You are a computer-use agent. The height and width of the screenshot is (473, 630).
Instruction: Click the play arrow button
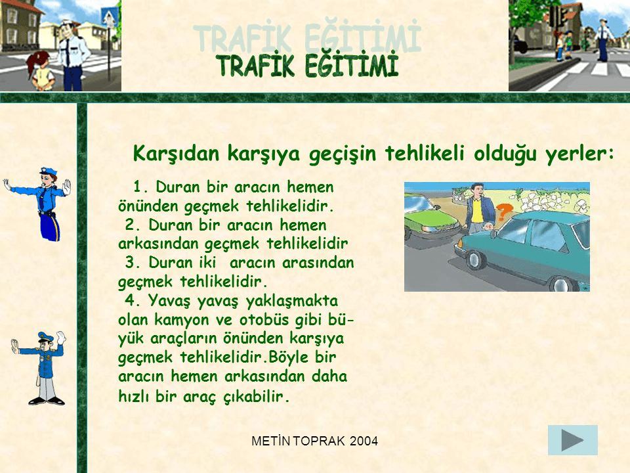[x=572, y=440]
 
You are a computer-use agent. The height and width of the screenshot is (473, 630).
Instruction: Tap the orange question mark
[x=504, y=212]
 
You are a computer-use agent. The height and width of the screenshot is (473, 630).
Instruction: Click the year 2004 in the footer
[x=364, y=441]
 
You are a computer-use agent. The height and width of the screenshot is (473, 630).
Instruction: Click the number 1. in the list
[x=142, y=187]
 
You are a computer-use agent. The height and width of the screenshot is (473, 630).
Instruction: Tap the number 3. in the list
[x=133, y=262]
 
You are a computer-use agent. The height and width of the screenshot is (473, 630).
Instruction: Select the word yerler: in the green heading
[x=579, y=154]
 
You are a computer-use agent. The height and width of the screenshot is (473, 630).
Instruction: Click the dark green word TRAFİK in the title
[x=255, y=66]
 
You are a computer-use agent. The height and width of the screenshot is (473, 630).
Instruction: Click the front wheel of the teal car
[x=475, y=260]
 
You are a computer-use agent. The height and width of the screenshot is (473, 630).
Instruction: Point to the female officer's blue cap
[x=48, y=171]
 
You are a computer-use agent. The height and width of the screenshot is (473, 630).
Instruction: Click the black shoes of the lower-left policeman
[x=46, y=401]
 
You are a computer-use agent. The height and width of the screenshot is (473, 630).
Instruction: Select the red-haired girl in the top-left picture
[x=40, y=71]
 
